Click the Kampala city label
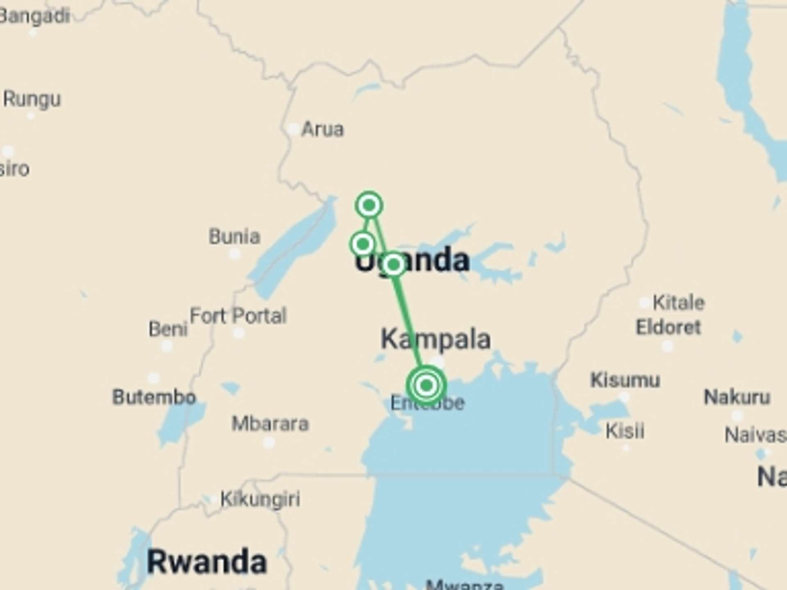pyautogui.click(x=435, y=339)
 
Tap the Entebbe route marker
pyautogui.click(x=426, y=385)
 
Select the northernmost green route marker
pyautogui.click(x=369, y=205)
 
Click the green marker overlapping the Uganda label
pyautogui.click(x=393, y=265)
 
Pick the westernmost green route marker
pyautogui.click(x=363, y=244)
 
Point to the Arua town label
pyautogui.click(x=323, y=129)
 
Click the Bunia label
pyautogui.click(x=234, y=237)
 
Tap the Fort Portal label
pyautogui.click(x=238, y=316)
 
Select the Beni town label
pyautogui.click(x=168, y=329)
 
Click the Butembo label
pyautogui.click(x=154, y=397)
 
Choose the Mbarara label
pyautogui.click(x=270, y=424)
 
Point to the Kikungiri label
pyautogui.click(x=260, y=499)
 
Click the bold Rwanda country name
pyautogui.click(x=207, y=562)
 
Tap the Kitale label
pyautogui.click(x=678, y=303)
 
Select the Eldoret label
pyautogui.click(x=668, y=327)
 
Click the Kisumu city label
pyautogui.click(x=625, y=380)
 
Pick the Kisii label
pyautogui.click(x=625, y=431)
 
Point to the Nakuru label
pyautogui.click(x=737, y=397)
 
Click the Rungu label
pyautogui.click(x=32, y=99)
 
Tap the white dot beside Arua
pyautogui.click(x=293, y=129)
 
